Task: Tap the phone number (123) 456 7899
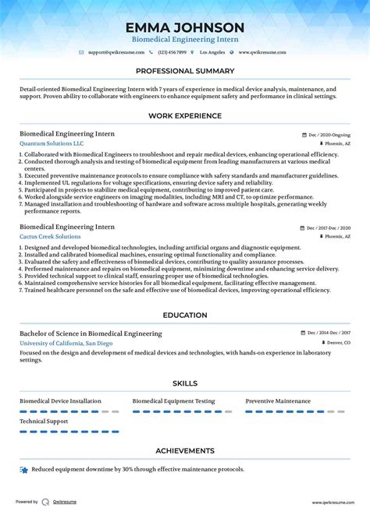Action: tap(172, 52)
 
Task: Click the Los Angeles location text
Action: tap(212, 52)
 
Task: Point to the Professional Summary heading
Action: tap(185, 71)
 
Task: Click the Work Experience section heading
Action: tap(185, 116)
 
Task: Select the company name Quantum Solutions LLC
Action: tap(52, 144)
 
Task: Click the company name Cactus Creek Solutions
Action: tap(50, 236)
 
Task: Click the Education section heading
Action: tap(185, 316)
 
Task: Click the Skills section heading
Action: tap(185, 383)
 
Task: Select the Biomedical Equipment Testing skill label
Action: tap(173, 401)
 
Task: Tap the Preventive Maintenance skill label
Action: tap(277, 401)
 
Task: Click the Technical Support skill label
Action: tap(45, 421)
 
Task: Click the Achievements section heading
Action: tap(185, 450)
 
